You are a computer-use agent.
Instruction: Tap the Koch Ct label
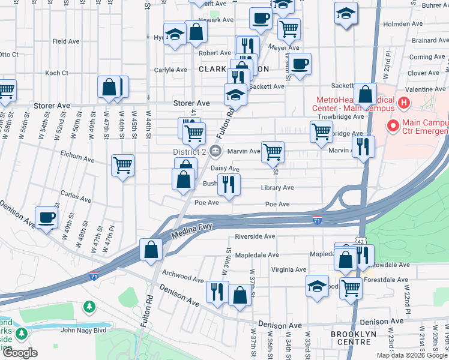tap(56, 73)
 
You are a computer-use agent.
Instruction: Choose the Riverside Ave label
tap(255, 236)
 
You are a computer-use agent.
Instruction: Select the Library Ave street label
tap(277, 188)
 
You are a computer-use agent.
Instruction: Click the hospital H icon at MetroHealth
tap(403, 103)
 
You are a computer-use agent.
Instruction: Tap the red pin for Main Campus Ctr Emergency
tap(394, 127)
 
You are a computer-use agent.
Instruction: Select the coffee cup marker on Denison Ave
tap(47, 217)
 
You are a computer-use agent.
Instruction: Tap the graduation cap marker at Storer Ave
tap(235, 95)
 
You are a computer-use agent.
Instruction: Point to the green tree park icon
tap(89, 307)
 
